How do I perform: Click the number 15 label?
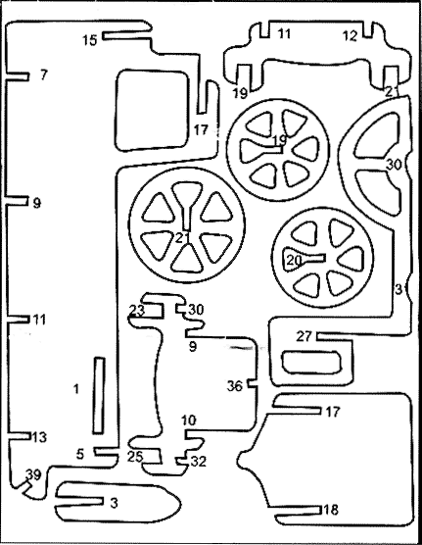(89, 40)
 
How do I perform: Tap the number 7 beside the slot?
(43, 74)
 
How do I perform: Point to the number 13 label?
(39, 437)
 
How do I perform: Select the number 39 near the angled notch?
(33, 474)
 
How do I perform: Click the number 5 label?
(80, 454)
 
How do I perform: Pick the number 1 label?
(76, 389)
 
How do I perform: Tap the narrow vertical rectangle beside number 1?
(99, 396)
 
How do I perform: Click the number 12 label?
(351, 36)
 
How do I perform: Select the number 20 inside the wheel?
(294, 260)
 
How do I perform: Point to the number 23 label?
(136, 310)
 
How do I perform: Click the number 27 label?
(305, 336)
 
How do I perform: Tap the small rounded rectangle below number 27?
(311, 362)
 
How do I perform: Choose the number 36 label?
(234, 385)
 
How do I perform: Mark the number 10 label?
(189, 421)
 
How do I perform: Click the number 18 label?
(330, 510)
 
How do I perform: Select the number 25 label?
(135, 457)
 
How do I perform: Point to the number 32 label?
(199, 462)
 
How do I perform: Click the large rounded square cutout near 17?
(152, 110)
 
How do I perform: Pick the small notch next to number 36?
(253, 383)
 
